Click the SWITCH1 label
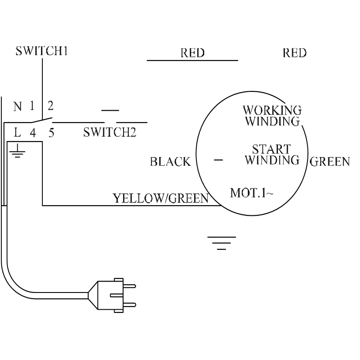[42, 51]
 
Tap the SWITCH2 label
[109, 133]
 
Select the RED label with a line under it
[192, 53]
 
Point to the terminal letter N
[18, 106]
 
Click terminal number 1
[32, 106]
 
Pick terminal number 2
[50, 106]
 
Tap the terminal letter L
[18, 132]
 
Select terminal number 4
[33, 132]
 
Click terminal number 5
[51, 132]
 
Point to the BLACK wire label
[170, 162]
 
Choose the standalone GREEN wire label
[330, 161]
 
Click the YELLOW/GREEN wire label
[161, 199]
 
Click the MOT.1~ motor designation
[251, 193]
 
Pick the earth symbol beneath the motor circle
[221, 243]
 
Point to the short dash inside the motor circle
[218, 159]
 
